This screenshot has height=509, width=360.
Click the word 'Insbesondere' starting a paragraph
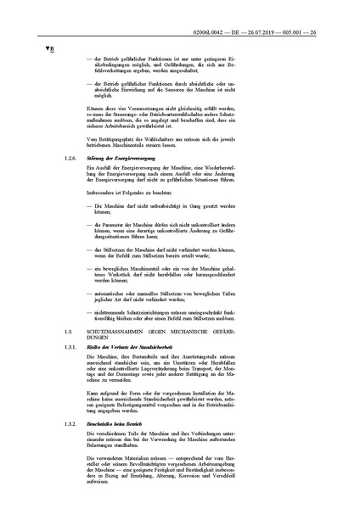coord(102,192)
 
